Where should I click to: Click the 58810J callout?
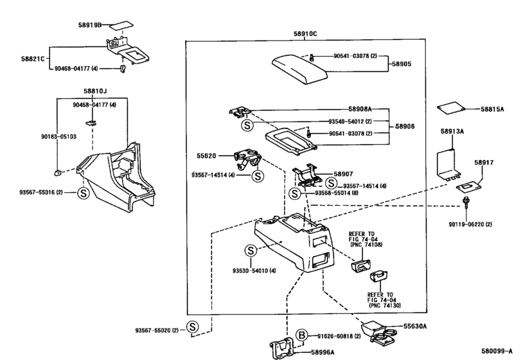(95, 91)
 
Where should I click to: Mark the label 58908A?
(362, 111)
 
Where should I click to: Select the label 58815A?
(493, 109)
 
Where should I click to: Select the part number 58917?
(484, 163)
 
